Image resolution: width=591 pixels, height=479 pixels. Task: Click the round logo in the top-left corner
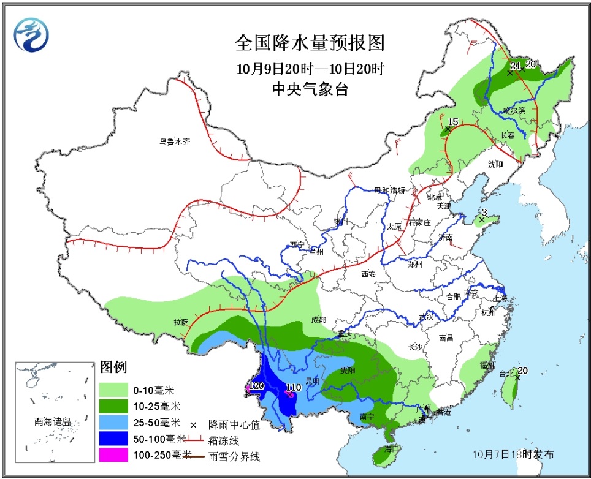pyautogui.click(x=31, y=34)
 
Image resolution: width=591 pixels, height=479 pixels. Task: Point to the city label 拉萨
pyautogui.click(x=181, y=322)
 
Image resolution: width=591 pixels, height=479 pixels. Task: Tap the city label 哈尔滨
pyautogui.click(x=514, y=110)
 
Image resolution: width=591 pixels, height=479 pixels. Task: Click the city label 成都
pyautogui.click(x=318, y=320)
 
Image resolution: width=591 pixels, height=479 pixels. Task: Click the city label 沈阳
pyautogui.click(x=495, y=164)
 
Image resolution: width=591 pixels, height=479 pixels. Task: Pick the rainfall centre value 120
pyautogui.click(x=256, y=386)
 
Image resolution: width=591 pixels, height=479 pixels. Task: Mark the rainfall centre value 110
pyautogui.click(x=293, y=387)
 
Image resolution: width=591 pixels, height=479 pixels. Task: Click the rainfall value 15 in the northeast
pyautogui.click(x=453, y=121)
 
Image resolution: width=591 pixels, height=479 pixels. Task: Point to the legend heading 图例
pyautogui.click(x=113, y=368)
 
